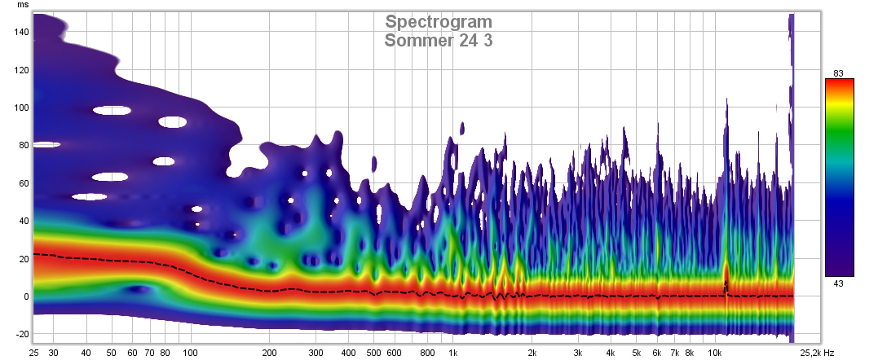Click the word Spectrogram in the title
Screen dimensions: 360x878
pyautogui.click(x=438, y=21)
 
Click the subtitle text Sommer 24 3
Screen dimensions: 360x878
pyautogui.click(x=438, y=40)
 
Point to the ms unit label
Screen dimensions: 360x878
pyautogui.click(x=23, y=5)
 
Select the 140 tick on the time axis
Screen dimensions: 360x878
pyautogui.click(x=21, y=32)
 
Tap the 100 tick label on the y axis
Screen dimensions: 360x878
pyautogui.click(x=21, y=107)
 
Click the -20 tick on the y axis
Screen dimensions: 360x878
pyautogui.click(x=22, y=334)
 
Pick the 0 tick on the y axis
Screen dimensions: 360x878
pyautogui.click(x=26, y=296)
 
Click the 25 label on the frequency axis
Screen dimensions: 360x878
pyautogui.click(x=34, y=353)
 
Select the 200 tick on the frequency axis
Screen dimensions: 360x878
pyautogui.click(x=269, y=353)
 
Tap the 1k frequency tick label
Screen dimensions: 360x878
pyautogui.click(x=453, y=353)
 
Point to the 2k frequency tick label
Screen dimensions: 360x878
pyautogui.click(x=532, y=353)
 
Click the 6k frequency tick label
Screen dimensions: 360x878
pyautogui.click(x=657, y=353)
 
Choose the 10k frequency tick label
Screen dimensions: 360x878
pyautogui.click(x=714, y=353)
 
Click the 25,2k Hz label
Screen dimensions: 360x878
pyautogui.click(x=817, y=353)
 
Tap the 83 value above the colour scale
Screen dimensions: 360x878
pyautogui.click(x=838, y=73)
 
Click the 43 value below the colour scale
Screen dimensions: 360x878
pyautogui.click(x=838, y=284)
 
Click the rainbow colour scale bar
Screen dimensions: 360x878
pyautogui.click(x=839, y=177)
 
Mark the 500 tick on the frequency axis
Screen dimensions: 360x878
pyautogui.click(x=374, y=353)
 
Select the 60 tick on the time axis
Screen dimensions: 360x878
pyautogui.click(x=23, y=183)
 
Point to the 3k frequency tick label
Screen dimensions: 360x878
pyautogui.click(x=578, y=353)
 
